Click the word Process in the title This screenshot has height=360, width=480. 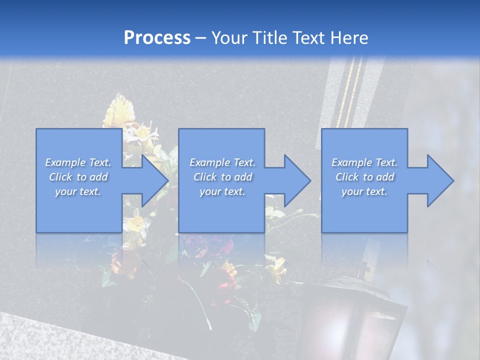pyautogui.click(x=157, y=38)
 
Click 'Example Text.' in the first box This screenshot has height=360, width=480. pyautogui.click(x=78, y=162)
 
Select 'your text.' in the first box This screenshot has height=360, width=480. pyautogui.click(x=78, y=191)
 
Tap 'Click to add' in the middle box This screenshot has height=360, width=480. pyautogui.click(x=222, y=177)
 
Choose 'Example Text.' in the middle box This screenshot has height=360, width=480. pyautogui.click(x=222, y=162)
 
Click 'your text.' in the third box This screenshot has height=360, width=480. pyautogui.click(x=364, y=191)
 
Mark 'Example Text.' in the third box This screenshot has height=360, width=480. pyautogui.click(x=364, y=162)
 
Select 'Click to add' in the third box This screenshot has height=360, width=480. pyautogui.click(x=364, y=177)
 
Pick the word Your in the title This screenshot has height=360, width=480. pyautogui.click(x=229, y=38)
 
